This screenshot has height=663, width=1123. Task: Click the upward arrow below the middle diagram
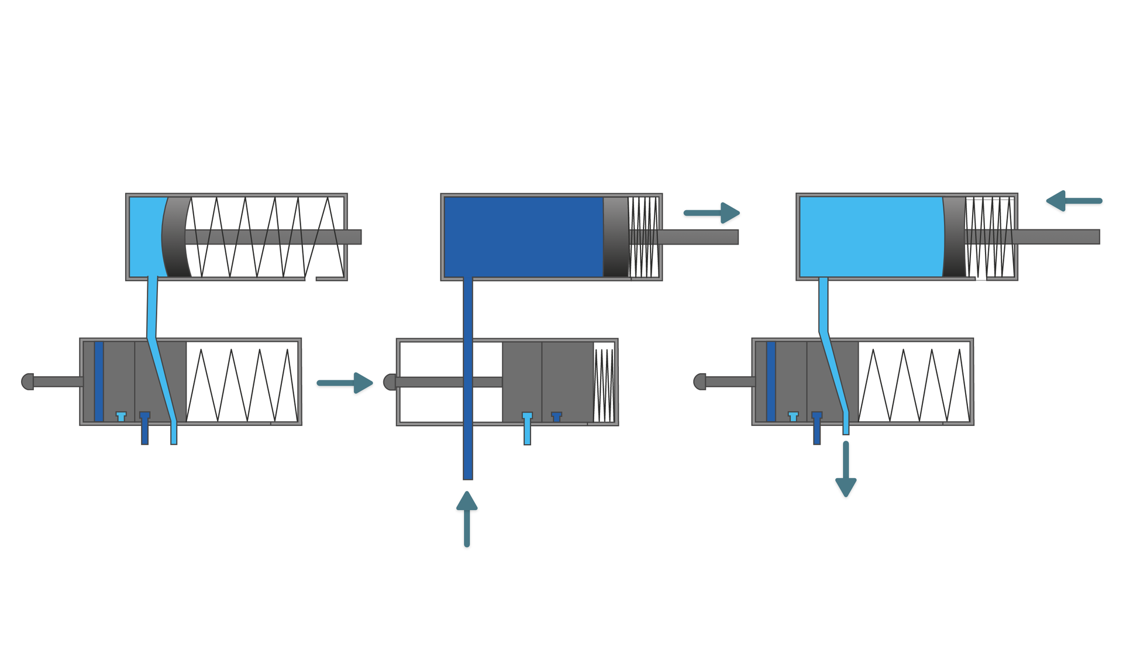pos(467,518)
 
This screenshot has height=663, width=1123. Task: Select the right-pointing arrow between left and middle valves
pos(345,383)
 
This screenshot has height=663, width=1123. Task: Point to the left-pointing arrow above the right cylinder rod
pos(1074,201)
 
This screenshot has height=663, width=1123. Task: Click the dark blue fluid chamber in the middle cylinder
pos(523,237)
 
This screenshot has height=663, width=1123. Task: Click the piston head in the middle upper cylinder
pos(615,237)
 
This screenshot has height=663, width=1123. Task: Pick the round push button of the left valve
pos(27,382)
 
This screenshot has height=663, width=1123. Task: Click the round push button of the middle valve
pos(390,382)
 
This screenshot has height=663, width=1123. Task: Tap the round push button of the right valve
pos(699,382)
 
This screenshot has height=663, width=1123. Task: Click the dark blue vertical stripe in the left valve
pos(99,382)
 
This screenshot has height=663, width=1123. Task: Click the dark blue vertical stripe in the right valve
pos(771,382)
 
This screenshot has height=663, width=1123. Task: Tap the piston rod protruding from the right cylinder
pos(1059,236)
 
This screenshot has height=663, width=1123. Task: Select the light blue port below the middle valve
pos(527,430)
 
